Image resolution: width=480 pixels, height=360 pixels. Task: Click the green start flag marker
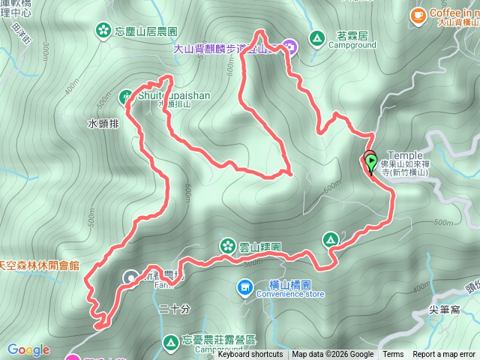pos(370,159)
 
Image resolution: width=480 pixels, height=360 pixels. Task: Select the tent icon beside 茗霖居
pos(317,36)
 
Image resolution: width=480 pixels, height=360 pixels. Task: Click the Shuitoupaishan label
pos(174,96)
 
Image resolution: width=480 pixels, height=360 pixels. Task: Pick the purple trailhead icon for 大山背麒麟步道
pos(289,47)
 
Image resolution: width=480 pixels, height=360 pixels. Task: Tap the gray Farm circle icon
pos(131,277)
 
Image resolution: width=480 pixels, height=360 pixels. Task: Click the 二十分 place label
pos(175,308)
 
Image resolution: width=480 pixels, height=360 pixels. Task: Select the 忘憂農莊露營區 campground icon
pos(171,343)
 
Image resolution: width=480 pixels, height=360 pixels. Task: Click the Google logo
pos(28,349)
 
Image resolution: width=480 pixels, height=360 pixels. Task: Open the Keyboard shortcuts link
pos(250,355)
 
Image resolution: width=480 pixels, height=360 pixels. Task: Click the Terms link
pos(393,355)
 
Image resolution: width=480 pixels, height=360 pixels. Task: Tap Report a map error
pos(445,355)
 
